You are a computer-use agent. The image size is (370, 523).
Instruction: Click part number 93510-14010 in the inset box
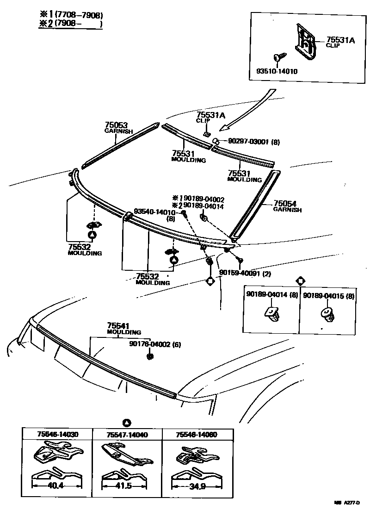[x=277, y=71]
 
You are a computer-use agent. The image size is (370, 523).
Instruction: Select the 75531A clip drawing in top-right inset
[x=306, y=44]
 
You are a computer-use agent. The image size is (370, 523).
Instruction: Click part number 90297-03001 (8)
[x=253, y=142]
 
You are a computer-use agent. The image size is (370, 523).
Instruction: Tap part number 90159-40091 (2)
[x=245, y=273]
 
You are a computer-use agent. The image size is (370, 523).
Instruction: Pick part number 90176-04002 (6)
[x=155, y=344]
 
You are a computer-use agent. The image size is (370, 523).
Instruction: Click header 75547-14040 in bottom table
[x=127, y=435]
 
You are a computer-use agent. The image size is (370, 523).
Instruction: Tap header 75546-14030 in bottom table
[x=57, y=435]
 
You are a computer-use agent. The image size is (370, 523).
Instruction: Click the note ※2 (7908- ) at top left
[x=70, y=24]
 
